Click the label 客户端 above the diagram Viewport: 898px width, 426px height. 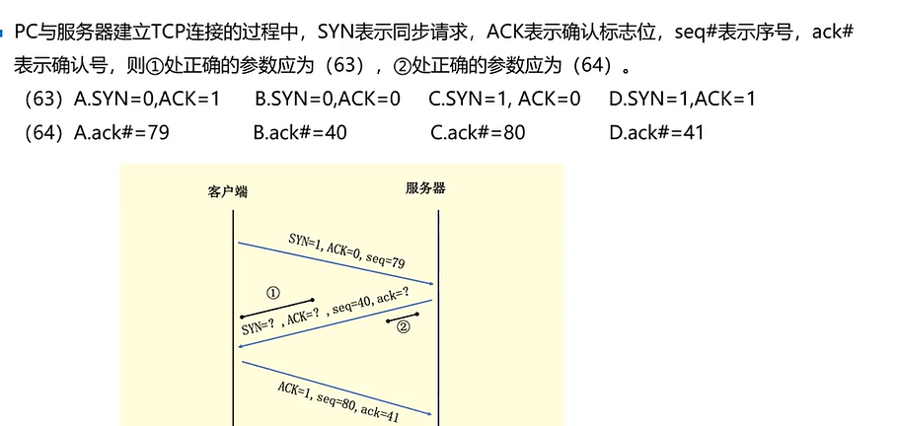(x=228, y=191)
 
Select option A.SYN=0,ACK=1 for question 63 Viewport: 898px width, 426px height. (x=146, y=100)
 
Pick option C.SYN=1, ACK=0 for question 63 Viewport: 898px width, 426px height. (x=504, y=100)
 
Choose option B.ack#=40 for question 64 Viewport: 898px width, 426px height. (x=300, y=132)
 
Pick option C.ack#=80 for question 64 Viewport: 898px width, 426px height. (x=478, y=132)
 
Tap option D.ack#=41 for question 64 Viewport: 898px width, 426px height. (x=656, y=132)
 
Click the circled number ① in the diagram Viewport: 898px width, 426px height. (x=274, y=293)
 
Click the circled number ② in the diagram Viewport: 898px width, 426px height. (x=403, y=328)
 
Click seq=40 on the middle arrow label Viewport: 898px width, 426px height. (x=353, y=307)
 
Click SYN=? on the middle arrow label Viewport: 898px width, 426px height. (x=258, y=327)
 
